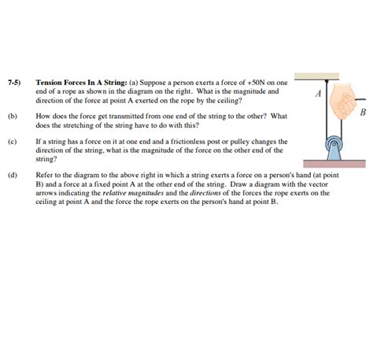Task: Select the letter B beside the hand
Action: [364, 113]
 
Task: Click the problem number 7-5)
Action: [14, 82]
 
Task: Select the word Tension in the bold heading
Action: [50, 82]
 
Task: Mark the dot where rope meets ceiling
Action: [327, 80]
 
